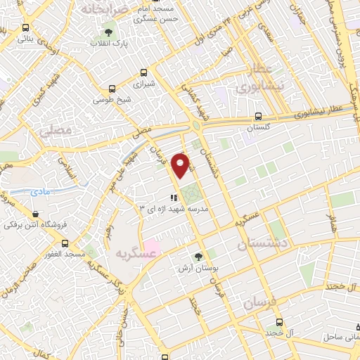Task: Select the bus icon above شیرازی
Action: pos(144,72)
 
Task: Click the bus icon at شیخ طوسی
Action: pos(111,89)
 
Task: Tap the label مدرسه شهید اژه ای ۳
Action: pos(167,209)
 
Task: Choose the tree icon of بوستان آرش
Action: pos(198,257)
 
